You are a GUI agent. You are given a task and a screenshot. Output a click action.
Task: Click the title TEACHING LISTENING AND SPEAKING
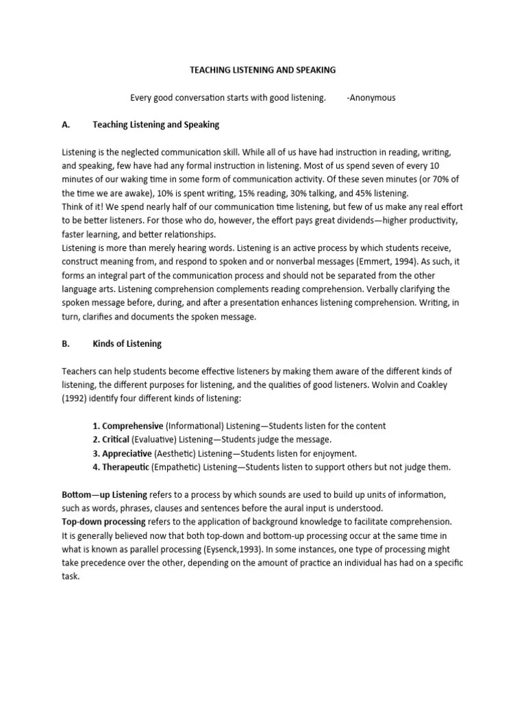pos(262,70)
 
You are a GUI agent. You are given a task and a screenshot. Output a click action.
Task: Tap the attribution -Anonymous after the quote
pos(371,97)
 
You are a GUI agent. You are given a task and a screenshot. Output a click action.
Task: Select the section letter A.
pos(66,125)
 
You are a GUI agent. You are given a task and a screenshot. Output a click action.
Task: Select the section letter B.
pos(66,343)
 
